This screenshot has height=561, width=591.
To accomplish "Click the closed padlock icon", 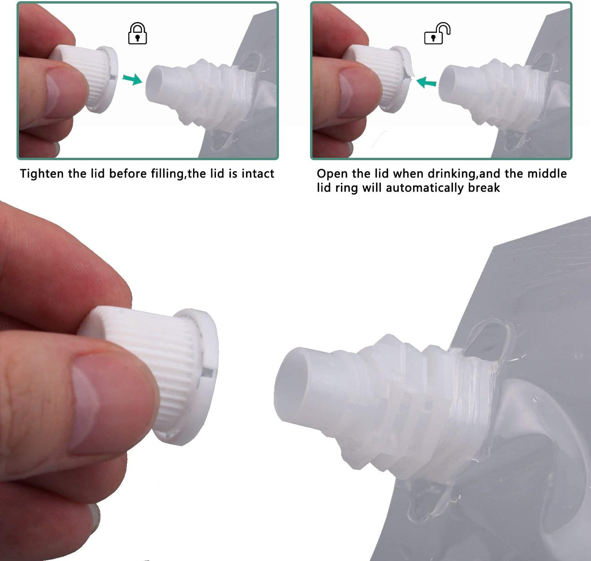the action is tap(137, 34).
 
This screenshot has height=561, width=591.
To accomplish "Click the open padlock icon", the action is tap(437, 34).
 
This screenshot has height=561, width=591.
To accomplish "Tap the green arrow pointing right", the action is tap(133, 79).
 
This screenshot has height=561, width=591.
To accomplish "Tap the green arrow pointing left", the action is tap(426, 82).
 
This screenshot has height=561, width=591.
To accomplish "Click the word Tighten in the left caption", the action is tap(42, 174).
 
